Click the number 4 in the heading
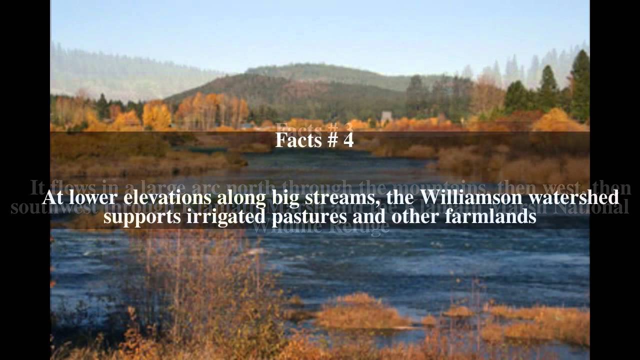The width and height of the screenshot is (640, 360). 348,140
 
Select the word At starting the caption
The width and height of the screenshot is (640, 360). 52,197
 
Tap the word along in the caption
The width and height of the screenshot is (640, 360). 236,197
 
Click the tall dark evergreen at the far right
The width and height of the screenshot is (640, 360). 580,85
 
